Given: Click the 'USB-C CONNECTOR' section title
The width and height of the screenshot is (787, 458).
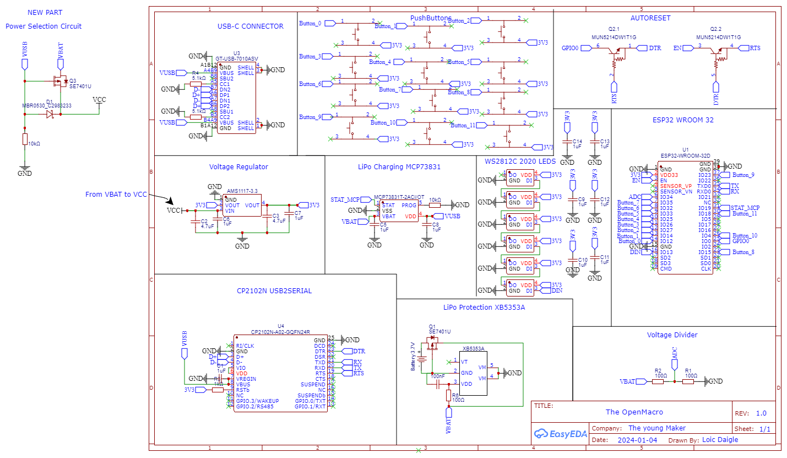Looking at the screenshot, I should [250, 26].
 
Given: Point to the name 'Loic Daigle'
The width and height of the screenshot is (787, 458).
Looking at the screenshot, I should [720, 440].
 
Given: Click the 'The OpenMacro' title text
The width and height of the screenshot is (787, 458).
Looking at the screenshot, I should [634, 412].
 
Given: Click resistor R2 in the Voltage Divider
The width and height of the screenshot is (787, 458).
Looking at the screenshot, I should [658, 381].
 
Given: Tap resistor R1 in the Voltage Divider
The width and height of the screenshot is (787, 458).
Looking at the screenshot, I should [688, 381].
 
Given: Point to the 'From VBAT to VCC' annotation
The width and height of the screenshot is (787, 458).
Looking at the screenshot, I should [116, 195].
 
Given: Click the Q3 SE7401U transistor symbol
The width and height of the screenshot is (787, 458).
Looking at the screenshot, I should [59, 82].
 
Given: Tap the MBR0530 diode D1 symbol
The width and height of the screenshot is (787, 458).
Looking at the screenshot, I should [50, 114].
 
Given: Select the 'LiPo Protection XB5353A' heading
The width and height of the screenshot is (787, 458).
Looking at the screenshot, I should [484, 307].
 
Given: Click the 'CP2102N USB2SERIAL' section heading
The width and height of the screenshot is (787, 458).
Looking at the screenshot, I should [274, 290].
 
